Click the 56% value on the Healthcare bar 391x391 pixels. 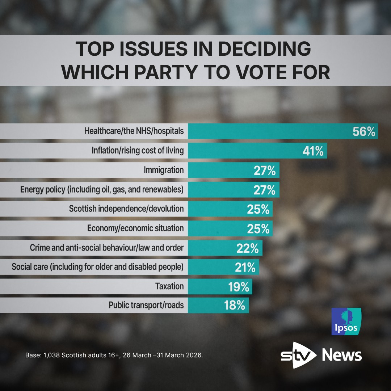click(364, 131)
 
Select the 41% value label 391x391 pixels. click(313, 151)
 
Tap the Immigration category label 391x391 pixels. click(164, 170)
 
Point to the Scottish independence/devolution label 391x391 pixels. click(126, 209)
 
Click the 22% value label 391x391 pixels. click(248, 248)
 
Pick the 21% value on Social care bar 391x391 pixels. click(245, 268)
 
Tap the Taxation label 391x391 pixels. click(169, 287)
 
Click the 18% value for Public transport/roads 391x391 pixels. click(234, 306)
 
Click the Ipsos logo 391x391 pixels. click(346, 321)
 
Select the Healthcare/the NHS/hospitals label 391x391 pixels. click(134, 131)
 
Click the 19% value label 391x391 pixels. click(238, 287)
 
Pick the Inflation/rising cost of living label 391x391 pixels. click(138, 151)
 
